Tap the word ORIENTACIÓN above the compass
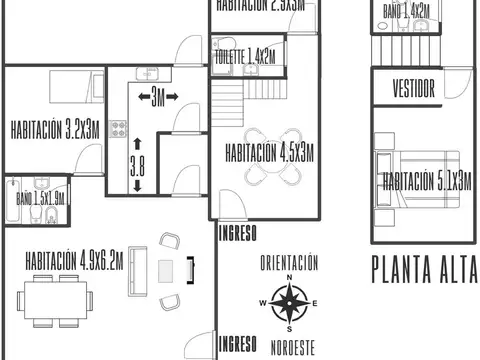point(289,264)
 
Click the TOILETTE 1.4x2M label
point(246,58)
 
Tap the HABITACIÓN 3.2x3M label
point(55,129)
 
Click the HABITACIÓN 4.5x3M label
point(269,153)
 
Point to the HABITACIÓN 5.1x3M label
point(427,181)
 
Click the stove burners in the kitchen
point(118,130)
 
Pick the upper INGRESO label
point(237,234)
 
